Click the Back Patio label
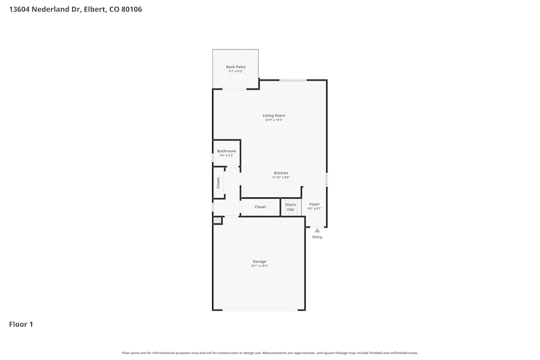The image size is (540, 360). coord(235,67)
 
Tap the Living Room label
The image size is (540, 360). coord(274,116)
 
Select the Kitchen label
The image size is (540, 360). coord(281,173)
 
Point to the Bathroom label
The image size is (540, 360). coord(226,151)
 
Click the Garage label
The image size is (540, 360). coord(259,262)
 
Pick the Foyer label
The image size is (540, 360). coord(314,205)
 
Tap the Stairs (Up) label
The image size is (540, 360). coord(291,207)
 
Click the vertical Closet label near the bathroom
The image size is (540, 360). coord(219,183)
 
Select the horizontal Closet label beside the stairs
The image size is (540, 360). coord(260,207)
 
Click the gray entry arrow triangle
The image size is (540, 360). coord(317,230)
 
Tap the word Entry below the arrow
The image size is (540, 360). coord(317,237)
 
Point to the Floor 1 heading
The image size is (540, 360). coord(21,324)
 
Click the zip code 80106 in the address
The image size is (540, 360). coord(132,9)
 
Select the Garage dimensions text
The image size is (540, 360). coord(259,266)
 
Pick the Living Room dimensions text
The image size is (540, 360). coord(274,120)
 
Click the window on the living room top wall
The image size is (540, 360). coord(293,80)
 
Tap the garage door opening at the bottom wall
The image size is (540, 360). coord(260,310)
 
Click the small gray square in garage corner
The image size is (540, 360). coord(217,220)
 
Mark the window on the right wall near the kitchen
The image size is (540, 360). coord(327,180)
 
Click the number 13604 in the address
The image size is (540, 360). coord(20,9)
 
